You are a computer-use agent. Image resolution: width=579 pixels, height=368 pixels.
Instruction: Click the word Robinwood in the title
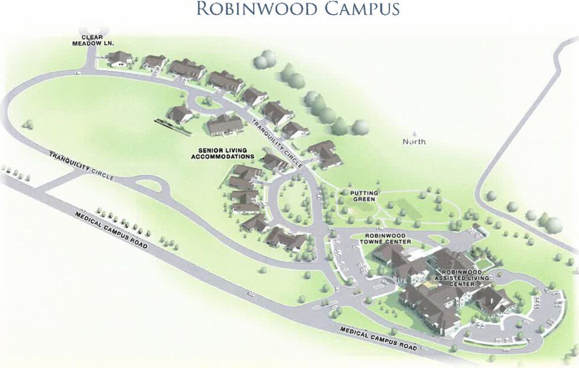(258, 9)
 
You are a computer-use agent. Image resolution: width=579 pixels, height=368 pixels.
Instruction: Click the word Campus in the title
(361, 9)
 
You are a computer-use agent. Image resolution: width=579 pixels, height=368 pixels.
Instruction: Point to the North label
(414, 142)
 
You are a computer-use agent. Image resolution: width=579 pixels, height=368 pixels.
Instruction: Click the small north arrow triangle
(414, 133)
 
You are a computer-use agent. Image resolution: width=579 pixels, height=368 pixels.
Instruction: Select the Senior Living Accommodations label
(222, 153)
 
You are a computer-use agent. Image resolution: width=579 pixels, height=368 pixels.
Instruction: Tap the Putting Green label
(363, 196)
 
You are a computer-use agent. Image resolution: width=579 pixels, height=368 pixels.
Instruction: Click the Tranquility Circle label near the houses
(277, 144)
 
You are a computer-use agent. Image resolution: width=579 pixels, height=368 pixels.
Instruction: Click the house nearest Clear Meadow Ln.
(119, 58)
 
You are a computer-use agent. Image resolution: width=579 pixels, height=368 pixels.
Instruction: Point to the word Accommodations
(222, 157)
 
